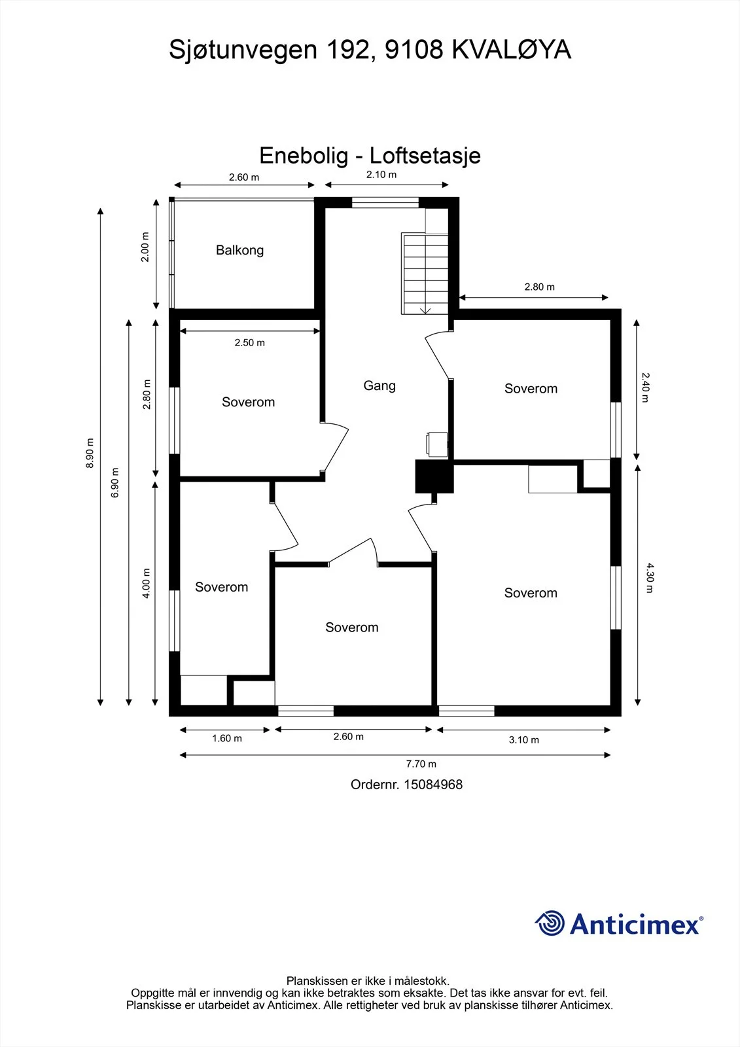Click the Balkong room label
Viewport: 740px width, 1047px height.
240,250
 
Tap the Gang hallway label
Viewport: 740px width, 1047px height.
379,385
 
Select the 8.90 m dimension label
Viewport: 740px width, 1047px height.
90,453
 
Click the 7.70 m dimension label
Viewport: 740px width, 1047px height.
421,764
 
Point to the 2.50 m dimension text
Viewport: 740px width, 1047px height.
250,343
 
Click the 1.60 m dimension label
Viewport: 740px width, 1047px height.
227,738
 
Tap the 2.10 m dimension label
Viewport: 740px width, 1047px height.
381,174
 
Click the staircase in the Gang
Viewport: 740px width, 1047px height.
425,274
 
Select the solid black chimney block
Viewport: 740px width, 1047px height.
434,476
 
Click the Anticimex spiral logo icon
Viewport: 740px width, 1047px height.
550,923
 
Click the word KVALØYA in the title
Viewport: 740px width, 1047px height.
512,50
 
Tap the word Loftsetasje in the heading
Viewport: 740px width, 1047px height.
425,156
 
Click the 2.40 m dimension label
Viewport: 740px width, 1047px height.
646,387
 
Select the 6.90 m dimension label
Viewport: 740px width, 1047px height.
115,482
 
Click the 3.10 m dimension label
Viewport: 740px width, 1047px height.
524,739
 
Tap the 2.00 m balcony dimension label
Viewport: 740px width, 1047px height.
145,247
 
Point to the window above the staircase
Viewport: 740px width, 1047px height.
385,202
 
